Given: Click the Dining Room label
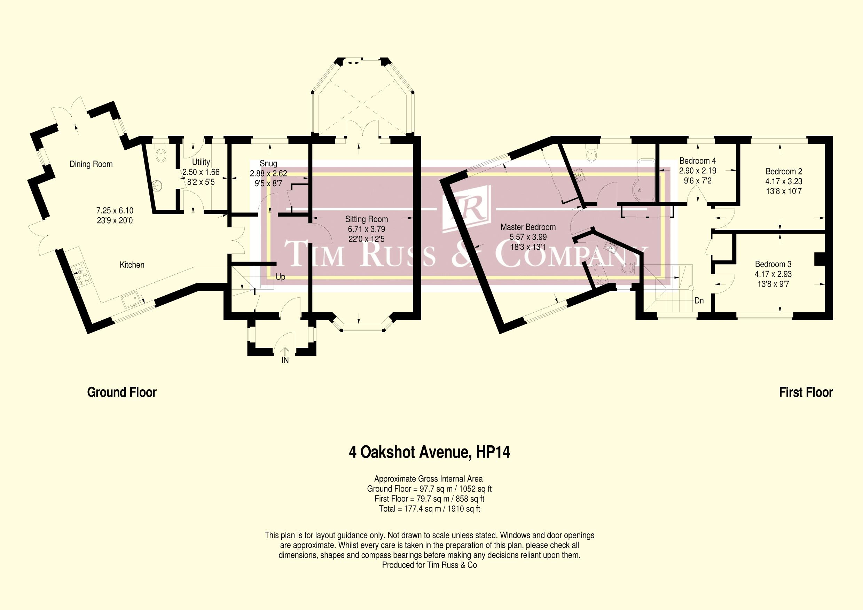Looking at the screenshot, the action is (91, 164).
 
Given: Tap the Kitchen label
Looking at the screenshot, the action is (132, 265).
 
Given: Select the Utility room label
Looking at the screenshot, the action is (201, 162).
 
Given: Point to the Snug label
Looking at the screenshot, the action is (268, 164).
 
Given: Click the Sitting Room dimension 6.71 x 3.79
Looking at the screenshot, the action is (367, 229).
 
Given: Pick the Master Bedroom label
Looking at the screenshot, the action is (528, 227).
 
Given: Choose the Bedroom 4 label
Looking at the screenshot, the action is (698, 161).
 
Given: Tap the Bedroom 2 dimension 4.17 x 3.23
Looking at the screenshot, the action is (784, 181).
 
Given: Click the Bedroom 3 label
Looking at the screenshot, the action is (773, 264).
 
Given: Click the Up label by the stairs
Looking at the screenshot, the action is (280, 277).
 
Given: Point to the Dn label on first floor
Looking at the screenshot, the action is (699, 301).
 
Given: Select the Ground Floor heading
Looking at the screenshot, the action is (122, 392).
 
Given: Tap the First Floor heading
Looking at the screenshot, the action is (806, 392).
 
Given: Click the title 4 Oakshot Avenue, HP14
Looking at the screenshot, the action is (430, 453).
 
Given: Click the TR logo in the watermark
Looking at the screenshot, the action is (467, 207).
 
